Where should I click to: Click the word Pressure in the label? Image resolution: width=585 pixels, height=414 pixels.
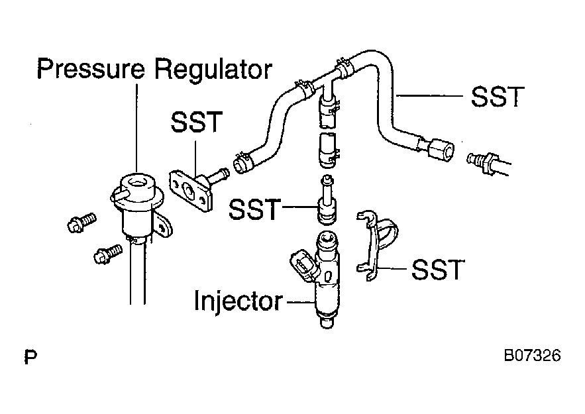tap(91, 69)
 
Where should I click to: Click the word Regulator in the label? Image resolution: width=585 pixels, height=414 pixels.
tap(213, 70)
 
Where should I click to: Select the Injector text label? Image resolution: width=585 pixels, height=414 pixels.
tap(239, 301)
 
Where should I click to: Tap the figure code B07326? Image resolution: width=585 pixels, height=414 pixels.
tap(532, 356)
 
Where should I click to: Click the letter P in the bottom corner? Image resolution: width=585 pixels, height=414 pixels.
tap(30, 356)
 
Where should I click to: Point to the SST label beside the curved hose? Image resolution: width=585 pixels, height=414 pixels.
tap(498, 97)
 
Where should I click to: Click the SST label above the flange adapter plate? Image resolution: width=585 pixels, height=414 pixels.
tap(197, 122)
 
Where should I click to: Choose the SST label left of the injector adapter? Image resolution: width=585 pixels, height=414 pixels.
tap(255, 209)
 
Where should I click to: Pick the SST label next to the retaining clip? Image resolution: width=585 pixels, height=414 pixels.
tap(438, 270)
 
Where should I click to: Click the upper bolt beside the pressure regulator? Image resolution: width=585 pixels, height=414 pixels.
tap(81, 223)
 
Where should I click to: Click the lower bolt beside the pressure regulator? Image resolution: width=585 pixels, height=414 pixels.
tap(107, 254)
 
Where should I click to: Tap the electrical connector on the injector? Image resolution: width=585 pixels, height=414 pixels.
tap(303, 266)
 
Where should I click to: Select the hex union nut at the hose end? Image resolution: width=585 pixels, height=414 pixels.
tap(441, 150)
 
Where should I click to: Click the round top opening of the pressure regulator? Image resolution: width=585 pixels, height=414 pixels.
tap(137, 182)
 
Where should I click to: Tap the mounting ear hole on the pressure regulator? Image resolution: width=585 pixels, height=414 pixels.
tap(163, 227)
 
